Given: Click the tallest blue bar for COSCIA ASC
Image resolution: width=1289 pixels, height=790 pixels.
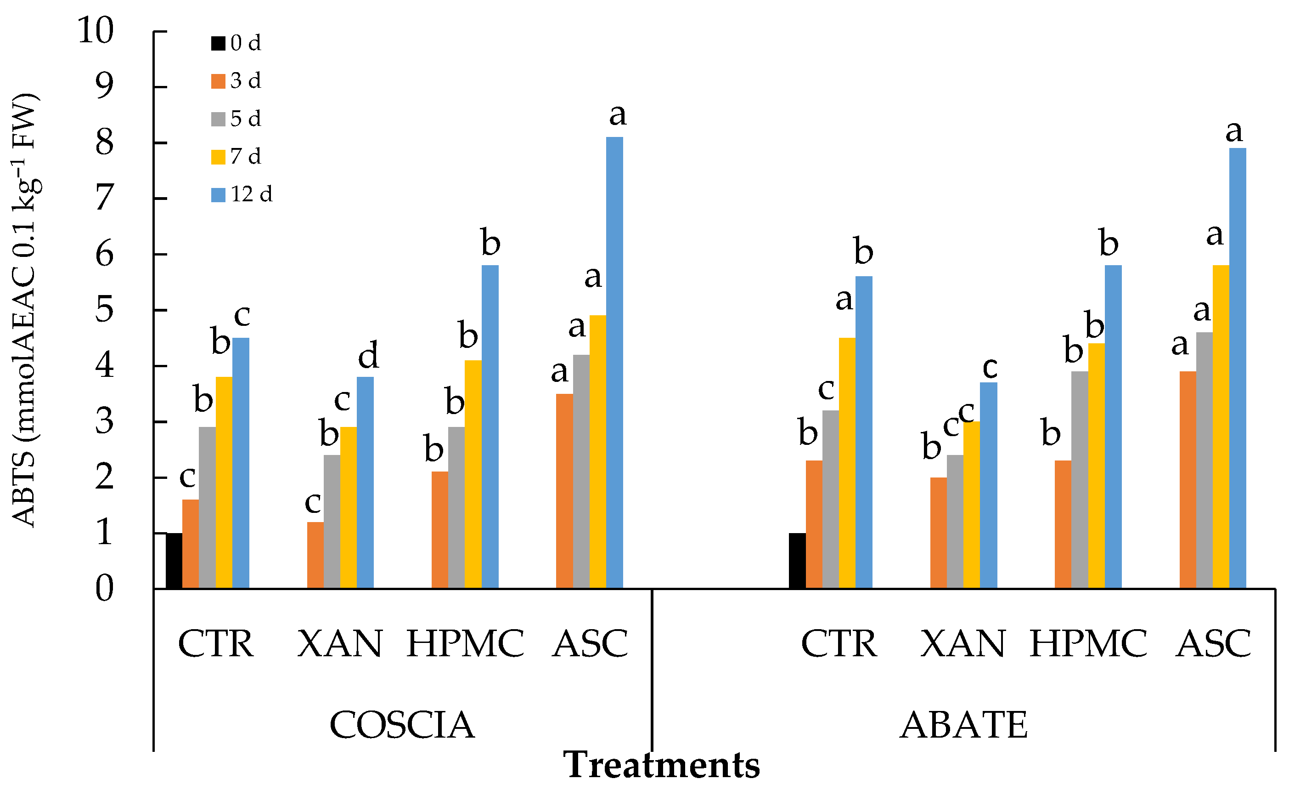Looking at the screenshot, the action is (x=615, y=363).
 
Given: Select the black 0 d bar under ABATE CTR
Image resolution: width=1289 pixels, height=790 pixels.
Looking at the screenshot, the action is (x=797, y=561).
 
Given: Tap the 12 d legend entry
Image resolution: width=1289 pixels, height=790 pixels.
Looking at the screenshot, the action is (x=242, y=195).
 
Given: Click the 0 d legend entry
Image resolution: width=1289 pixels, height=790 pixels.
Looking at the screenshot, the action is (x=236, y=43).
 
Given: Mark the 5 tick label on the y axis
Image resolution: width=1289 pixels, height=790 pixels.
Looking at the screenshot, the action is (x=104, y=310).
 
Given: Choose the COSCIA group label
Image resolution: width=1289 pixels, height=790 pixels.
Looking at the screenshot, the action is (x=402, y=725).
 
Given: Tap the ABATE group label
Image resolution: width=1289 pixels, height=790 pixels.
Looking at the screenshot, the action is (x=963, y=725).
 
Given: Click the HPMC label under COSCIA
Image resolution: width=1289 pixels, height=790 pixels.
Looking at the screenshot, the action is (x=466, y=643).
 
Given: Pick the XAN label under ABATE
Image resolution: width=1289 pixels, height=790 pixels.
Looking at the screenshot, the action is (x=963, y=643).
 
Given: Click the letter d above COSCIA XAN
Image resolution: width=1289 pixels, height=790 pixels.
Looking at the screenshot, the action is (x=368, y=355).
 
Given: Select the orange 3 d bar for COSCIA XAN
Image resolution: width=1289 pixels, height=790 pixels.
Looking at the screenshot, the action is (x=315, y=555).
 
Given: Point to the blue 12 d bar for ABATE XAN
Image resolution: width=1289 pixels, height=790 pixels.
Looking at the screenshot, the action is (x=989, y=485).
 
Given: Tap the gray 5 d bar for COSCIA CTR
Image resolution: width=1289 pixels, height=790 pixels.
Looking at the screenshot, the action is (x=207, y=508).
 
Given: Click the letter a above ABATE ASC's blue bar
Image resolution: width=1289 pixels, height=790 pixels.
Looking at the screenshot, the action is (x=1234, y=132).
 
